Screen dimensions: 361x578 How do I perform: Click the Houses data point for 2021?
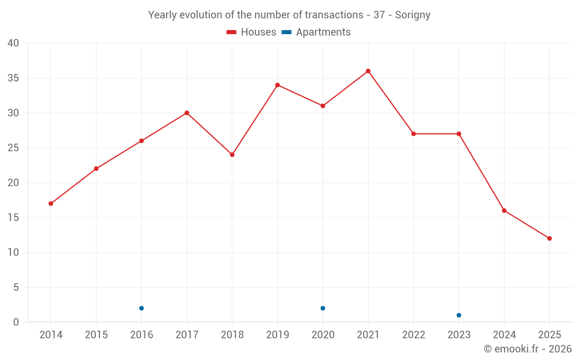(368, 71)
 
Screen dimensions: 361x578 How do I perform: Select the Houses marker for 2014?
(51, 203)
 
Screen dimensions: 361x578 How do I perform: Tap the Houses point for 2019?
(277, 85)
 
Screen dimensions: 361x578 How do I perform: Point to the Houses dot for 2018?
(232, 155)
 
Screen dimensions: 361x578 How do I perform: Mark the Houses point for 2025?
(549, 239)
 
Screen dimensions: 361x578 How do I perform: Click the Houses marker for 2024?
(504, 210)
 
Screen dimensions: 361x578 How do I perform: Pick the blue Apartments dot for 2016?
(142, 308)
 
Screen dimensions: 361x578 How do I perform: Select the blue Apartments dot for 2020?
(323, 308)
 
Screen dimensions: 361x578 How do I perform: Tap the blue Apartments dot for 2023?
(459, 315)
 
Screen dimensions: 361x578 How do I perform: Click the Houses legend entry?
(251, 32)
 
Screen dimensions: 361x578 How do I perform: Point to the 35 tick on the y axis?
(13, 78)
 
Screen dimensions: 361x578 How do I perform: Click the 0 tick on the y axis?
(16, 322)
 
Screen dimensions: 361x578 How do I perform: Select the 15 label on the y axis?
(13, 218)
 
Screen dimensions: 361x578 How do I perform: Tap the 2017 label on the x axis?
(187, 335)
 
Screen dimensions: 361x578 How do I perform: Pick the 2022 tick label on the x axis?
(413, 335)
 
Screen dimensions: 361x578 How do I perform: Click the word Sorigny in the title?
(413, 15)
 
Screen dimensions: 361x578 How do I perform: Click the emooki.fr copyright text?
(528, 349)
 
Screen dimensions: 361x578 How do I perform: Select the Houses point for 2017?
(187, 113)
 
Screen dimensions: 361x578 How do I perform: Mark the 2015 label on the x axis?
(96, 335)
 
